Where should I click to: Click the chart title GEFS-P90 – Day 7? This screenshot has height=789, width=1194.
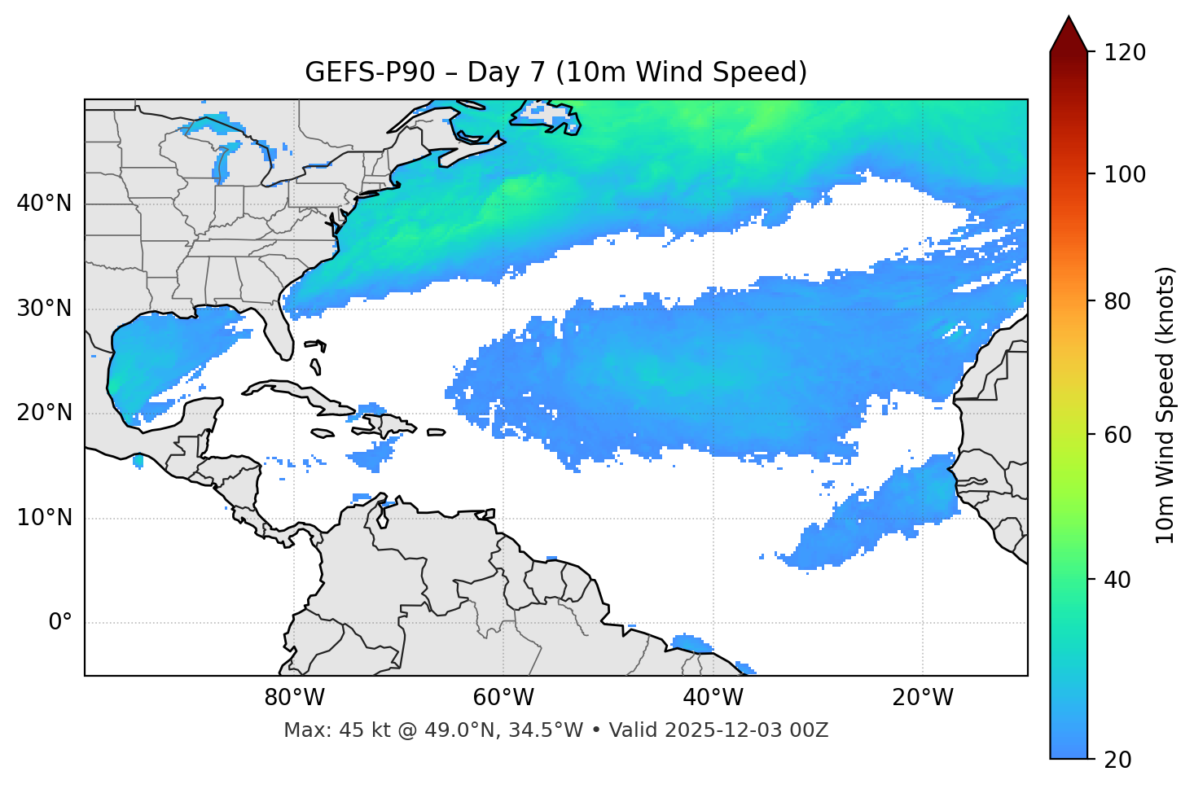555,72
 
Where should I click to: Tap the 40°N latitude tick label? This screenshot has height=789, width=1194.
44,204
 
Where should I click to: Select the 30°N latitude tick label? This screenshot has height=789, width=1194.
44,309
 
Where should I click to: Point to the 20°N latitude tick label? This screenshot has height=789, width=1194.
44,413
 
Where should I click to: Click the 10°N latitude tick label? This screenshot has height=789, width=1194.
44,518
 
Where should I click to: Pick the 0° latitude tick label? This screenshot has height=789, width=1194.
59,623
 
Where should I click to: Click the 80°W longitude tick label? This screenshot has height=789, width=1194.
294,698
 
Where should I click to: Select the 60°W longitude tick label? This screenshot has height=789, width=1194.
503,698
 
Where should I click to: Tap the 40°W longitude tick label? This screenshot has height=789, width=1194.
713,698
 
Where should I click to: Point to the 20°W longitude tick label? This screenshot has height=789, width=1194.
922,698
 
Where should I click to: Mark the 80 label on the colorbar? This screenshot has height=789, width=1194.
1122,301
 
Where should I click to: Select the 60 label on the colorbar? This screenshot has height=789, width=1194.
1122,435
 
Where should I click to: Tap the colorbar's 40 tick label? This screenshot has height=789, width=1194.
1122,580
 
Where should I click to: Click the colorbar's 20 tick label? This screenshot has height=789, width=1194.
1122,760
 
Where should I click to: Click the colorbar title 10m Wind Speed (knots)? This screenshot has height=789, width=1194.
1166,405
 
